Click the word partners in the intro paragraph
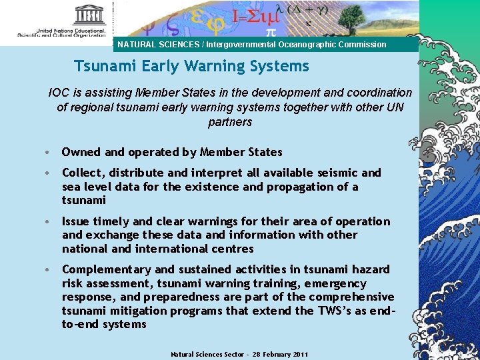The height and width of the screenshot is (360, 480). coord(230,122)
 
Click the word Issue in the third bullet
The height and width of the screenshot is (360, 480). coord(76,221)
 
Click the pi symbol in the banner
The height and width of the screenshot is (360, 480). coord(270,31)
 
